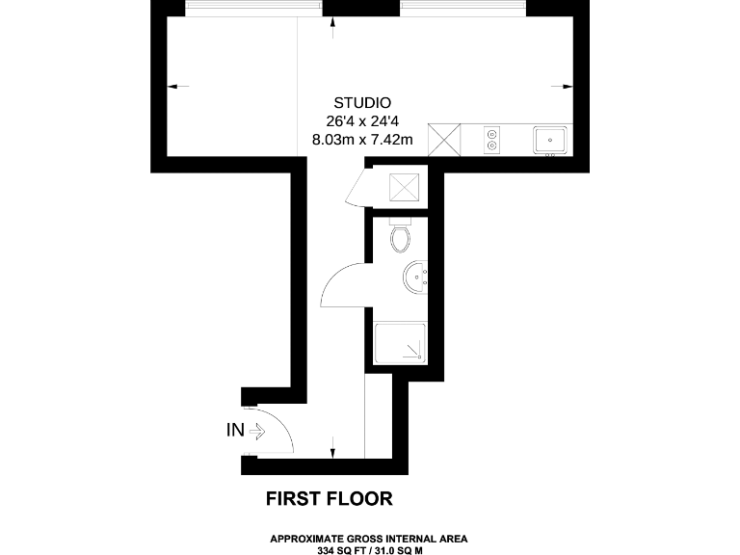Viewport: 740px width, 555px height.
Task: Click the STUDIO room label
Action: (361, 103)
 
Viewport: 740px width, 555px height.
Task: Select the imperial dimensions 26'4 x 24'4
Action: (361, 121)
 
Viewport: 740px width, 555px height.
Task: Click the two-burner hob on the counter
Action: (492, 140)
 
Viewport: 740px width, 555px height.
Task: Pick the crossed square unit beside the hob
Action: (444, 140)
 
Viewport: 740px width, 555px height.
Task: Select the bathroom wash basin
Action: (418, 277)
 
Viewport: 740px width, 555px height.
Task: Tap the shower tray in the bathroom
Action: (400, 342)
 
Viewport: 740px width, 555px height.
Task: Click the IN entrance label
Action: (235, 431)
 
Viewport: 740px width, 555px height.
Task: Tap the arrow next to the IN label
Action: (257, 431)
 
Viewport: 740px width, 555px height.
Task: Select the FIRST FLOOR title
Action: (330, 499)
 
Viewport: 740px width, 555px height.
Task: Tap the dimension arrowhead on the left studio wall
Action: (172, 87)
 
